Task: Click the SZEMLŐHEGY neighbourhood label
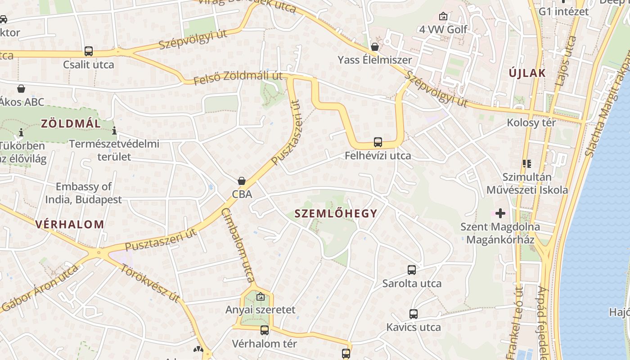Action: tap(336, 214)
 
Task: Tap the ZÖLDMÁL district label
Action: tap(71, 123)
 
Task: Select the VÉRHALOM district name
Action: tap(70, 224)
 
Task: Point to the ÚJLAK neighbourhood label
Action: tap(527, 73)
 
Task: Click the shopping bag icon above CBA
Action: tap(242, 181)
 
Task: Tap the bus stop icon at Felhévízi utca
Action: tap(378, 142)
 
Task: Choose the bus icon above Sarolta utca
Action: tap(412, 270)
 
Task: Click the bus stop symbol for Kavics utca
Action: tap(414, 314)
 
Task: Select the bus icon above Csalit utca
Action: tap(89, 51)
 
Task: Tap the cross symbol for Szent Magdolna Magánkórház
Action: tap(500, 213)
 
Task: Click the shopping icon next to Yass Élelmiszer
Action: tap(375, 47)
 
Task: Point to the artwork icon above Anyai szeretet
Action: tap(260, 297)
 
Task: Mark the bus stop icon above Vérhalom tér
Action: tap(265, 330)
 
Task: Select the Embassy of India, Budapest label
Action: tap(84, 193)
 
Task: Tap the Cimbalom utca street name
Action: tap(239, 245)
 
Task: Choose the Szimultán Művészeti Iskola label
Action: tap(527, 183)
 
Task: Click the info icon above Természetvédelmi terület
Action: tap(114, 131)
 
